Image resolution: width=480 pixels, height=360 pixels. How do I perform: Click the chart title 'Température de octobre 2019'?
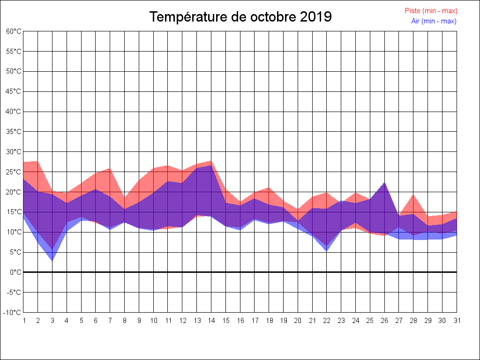point(240,17)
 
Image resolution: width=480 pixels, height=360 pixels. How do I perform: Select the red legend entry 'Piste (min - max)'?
point(431,11)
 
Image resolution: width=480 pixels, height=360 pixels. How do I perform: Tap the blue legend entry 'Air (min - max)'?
point(434,21)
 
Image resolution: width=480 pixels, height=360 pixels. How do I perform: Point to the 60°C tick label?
point(14,31)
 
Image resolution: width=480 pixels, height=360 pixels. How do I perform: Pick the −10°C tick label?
point(13,312)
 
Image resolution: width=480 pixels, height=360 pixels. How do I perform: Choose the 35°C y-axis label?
point(14,132)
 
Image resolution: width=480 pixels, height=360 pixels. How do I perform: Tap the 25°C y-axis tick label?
point(14,172)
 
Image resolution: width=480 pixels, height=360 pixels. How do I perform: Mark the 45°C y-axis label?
point(14,91)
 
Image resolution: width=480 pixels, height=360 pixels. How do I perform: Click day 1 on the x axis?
point(23,321)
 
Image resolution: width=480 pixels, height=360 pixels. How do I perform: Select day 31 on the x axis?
point(457,321)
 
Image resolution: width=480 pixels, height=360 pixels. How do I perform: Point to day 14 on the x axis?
point(211,321)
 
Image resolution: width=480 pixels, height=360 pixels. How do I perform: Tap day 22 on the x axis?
point(327,321)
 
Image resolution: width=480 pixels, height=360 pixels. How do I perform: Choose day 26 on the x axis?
point(384,321)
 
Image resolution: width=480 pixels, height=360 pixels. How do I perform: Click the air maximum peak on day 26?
point(384,182)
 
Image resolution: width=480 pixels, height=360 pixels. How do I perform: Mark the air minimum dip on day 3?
point(52,261)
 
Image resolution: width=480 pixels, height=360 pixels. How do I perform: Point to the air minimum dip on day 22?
point(327,251)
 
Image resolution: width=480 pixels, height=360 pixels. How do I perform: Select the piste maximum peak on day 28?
point(413,195)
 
